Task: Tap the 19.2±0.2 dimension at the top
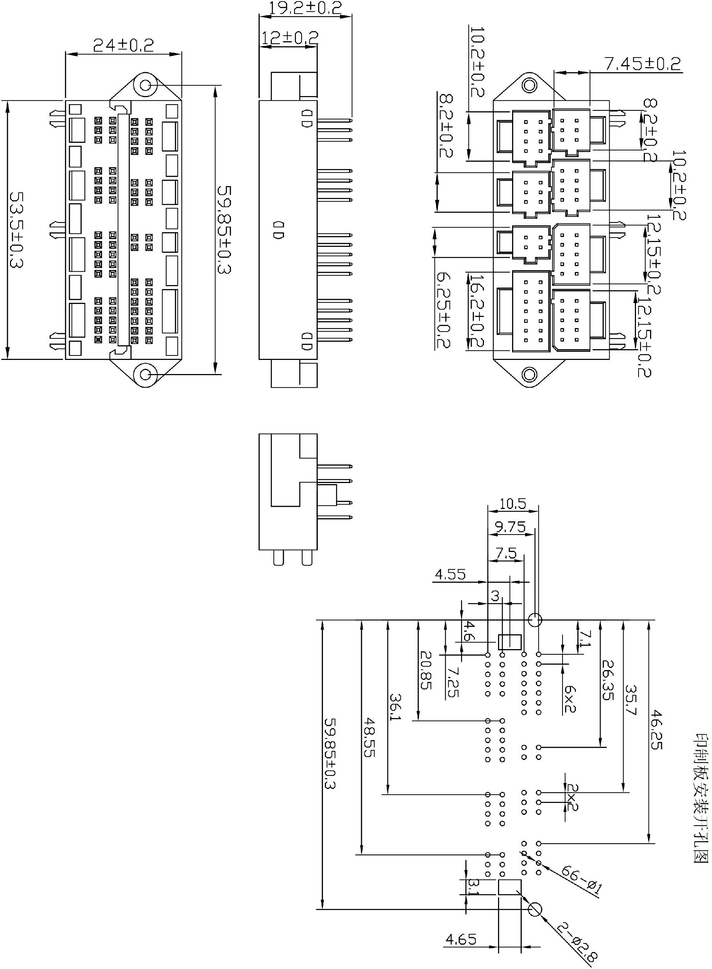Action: (x=305, y=8)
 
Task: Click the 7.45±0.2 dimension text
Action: (x=643, y=64)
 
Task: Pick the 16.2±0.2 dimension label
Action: (x=476, y=311)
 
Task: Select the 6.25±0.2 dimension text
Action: (x=443, y=310)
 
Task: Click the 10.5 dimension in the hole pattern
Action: (x=512, y=504)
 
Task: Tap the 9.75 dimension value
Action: (x=510, y=527)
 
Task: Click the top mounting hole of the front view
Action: (x=146, y=85)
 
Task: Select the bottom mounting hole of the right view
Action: (x=530, y=374)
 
